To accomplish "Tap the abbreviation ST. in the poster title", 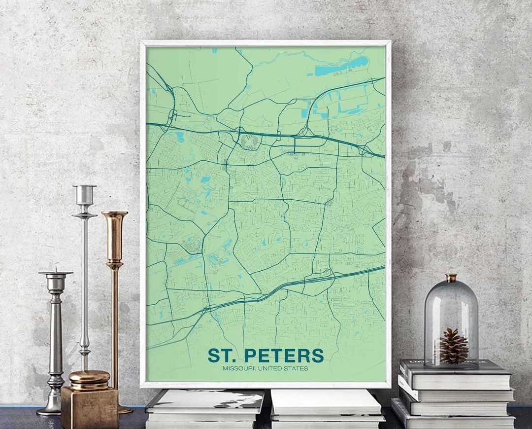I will tap(223, 356).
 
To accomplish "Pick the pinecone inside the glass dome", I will tap(454, 346).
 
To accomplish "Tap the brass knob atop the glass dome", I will tap(451, 278).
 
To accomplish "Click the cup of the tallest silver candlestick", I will tap(84, 194).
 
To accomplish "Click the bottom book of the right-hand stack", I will tap(453, 420).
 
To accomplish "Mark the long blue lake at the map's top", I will tap(342, 66).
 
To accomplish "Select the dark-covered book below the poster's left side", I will tap(204, 400).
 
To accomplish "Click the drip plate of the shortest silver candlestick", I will tap(56, 273).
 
